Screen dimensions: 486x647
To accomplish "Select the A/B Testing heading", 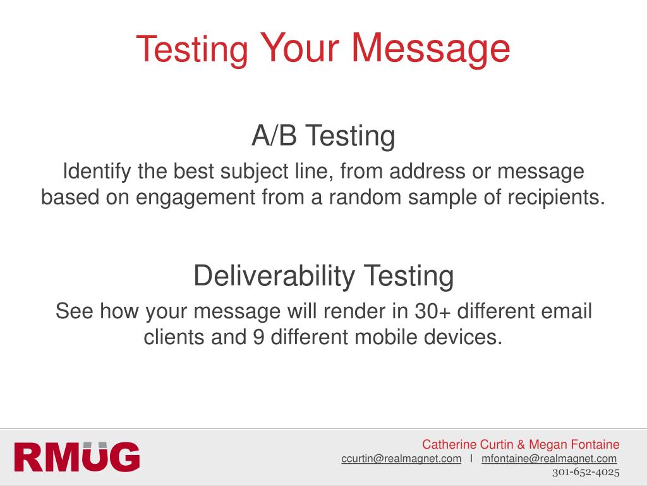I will [323, 136].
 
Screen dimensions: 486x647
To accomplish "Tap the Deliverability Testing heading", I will [323, 276].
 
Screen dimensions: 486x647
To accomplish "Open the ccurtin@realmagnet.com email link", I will [401, 459].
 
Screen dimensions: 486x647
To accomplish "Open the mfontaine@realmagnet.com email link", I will [548, 459].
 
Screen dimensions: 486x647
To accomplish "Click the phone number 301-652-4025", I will [586, 472].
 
